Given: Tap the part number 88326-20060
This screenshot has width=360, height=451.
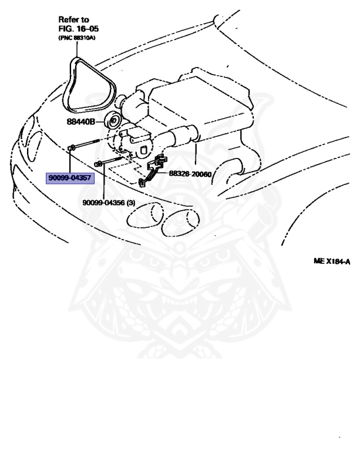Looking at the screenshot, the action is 190,174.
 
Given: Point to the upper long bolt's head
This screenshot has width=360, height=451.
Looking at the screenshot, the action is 70,147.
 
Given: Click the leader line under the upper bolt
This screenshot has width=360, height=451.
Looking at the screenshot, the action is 70,161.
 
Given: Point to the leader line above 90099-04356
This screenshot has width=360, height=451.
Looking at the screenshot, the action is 103,182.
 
